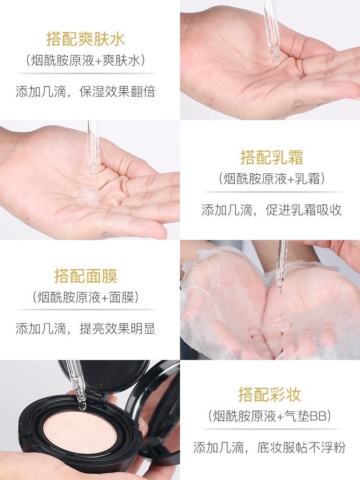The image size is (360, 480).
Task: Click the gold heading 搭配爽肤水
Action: [86, 39]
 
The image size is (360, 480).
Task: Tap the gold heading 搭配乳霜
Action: [272, 157]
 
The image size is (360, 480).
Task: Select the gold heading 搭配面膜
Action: [86, 276]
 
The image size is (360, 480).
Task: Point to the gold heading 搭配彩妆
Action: [270, 394]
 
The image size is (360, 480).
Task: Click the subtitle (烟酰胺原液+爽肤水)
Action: [86, 60]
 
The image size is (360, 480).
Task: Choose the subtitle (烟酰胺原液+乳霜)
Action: [272, 179]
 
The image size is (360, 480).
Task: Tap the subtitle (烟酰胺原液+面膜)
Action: [86, 297]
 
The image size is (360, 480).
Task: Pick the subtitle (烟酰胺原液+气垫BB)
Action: [270, 416]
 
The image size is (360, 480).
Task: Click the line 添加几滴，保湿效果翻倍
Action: [86, 92]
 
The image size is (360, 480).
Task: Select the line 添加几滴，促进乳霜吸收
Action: [272, 210]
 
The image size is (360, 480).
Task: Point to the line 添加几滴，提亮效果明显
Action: [86, 328]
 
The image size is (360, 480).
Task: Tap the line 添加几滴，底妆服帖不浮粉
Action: [270, 447]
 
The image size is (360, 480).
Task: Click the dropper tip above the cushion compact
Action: [82, 406]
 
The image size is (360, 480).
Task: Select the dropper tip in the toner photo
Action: [275, 61]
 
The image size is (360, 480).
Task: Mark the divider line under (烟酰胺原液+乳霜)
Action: [272, 192]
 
